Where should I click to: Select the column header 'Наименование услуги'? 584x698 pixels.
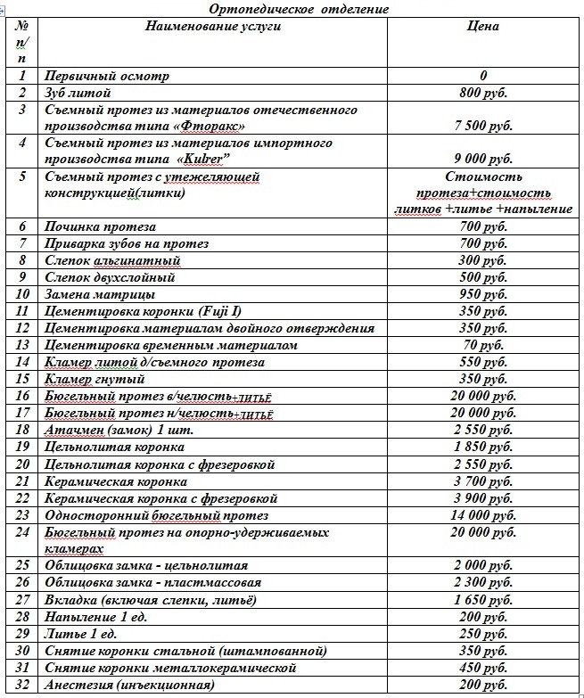coord(213,27)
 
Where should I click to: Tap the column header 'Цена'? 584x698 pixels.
coord(483,27)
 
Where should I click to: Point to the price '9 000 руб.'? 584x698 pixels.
coord(483,159)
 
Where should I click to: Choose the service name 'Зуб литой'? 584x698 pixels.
coord(77,93)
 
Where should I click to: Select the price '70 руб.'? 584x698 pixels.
coord(483,345)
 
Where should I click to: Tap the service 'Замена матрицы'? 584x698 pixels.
coord(99,294)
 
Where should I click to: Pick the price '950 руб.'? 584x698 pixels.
coord(483,294)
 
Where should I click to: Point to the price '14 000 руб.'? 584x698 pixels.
coord(483,515)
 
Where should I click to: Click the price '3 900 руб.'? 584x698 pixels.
coord(483,498)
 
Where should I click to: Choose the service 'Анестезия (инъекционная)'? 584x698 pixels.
coord(129,685)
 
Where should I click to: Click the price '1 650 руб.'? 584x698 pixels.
coord(483,600)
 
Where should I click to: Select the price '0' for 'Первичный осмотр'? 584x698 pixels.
coord(483,76)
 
